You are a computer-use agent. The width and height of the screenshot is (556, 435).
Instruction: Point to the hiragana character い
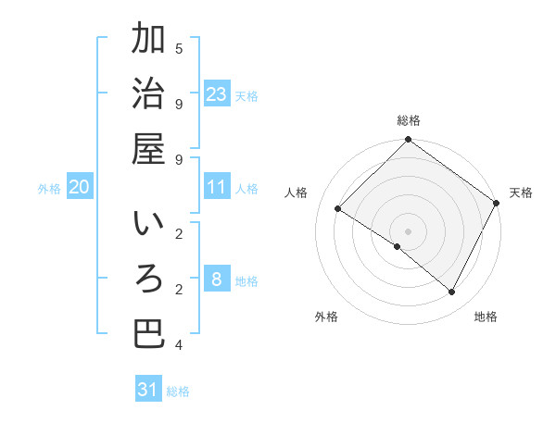[x=149, y=225]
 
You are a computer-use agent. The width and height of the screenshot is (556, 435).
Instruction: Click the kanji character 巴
[x=149, y=334]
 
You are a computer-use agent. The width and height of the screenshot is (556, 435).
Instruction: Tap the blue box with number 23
[x=217, y=93]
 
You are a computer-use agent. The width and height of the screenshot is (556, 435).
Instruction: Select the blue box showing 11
[x=217, y=187]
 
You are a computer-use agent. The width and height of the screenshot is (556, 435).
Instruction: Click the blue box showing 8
[x=217, y=280]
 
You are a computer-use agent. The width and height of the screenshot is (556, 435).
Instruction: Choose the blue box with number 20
[x=80, y=187]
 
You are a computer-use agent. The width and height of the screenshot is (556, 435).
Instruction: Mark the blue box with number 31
[x=148, y=390]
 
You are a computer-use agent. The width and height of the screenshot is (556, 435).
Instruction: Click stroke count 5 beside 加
[x=179, y=48]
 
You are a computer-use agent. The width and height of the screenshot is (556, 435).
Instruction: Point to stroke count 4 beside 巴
[x=179, y=345]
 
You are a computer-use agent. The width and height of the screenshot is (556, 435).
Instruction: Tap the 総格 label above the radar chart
[x=408, y=120]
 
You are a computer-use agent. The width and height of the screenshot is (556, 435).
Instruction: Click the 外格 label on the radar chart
[x=326, y=317]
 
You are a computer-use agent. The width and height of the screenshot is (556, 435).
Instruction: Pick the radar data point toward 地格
[x=452, y=292]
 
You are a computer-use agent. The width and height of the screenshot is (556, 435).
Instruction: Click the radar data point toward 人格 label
[x=337, y=209]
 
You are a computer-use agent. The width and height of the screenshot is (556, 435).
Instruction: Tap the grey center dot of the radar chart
[x=408, y=230]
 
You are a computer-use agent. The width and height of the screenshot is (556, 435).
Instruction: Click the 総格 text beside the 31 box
[x=178, y=391]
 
